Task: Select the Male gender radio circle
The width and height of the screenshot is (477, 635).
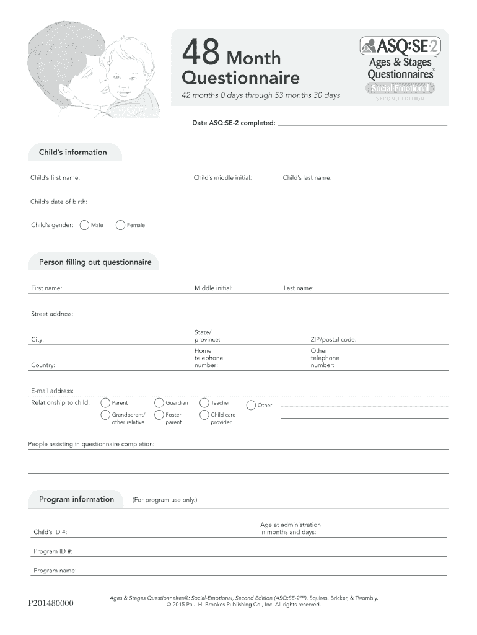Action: (x=84, y=225)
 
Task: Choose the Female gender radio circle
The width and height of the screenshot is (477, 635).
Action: (x=121, y=225)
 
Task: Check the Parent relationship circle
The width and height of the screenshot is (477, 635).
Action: (x=105, y=403)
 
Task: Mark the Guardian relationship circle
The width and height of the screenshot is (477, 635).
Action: (x=159, y=403)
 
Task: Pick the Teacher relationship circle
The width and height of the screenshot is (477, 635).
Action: (x=204, y=403)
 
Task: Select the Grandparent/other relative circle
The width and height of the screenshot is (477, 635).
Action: (x=105, y=415)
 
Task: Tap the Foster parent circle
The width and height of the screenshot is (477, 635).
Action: (x=159, y=415)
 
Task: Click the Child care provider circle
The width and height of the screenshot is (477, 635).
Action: (x=204, y=415)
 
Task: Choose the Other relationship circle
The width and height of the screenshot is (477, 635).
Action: (x=251, y=406)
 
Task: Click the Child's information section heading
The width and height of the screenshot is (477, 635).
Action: (x=73, y=153)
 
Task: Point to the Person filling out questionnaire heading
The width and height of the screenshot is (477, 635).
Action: (x=95, y=262)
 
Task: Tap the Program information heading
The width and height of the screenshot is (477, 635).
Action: (x=76, y=499)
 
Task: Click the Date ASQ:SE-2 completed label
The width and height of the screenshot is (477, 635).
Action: (x=234, y=123)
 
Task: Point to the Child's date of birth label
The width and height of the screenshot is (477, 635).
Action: (x=59, y=202)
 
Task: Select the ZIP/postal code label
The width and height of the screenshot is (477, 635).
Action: (x=333, y=340)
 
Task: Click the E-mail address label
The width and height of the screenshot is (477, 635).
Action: (x=52, y=391)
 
